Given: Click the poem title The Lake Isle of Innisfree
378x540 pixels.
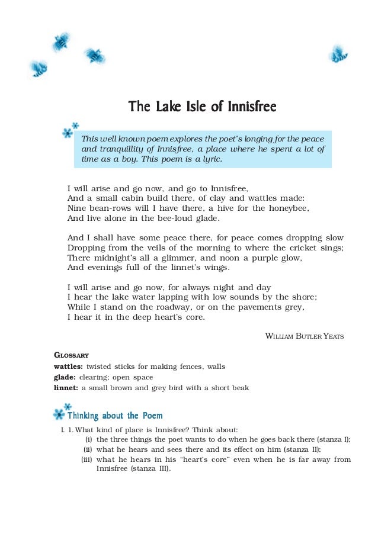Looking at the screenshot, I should pyautogui.click(x=203, y=107).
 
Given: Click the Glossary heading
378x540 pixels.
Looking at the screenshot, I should pyautogui.click(x=71, y=355).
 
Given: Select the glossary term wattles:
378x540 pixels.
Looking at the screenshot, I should pyautogui.click(x=68, y=367).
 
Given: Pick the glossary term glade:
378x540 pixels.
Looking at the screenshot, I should pyautogui.click(x=64, y=377).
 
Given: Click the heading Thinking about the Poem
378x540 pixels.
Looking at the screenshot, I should pyautogui.click(x=115, y=416).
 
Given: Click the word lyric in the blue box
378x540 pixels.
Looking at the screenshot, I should pyautogui.click(x=210, y=159).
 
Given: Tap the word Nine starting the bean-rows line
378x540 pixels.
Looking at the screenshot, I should pyautogui.click(x=77, y=208).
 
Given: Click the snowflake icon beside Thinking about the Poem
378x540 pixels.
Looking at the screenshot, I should pyautogui.click(x=59, y=414).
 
